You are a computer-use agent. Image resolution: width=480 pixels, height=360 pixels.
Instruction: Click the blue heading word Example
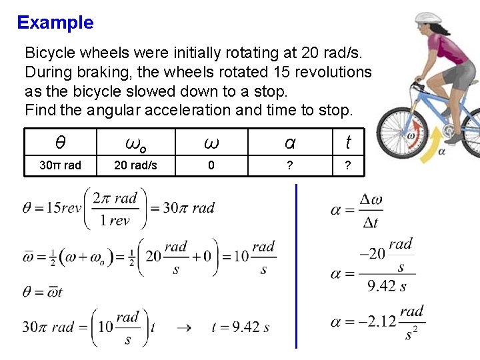tap(55, 23)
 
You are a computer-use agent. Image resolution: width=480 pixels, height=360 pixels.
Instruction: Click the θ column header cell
tap(61, 143)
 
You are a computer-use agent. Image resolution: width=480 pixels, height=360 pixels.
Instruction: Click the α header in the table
tap(289, 143)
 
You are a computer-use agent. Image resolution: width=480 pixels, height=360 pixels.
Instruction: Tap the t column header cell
tap(347, 143)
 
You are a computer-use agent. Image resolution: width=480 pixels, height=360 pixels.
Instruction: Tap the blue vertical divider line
tap(295, 267)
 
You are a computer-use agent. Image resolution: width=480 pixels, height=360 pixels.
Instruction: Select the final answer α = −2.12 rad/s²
tap(377, 322)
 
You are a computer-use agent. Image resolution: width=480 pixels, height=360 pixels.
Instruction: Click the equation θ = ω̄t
tap(43, 291)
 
